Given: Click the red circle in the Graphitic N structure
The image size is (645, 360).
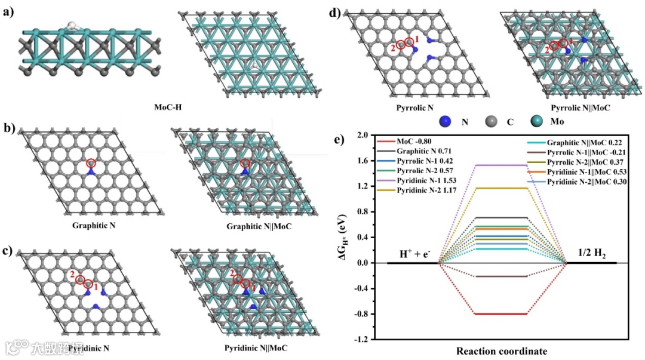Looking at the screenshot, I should tap(90, 163).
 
